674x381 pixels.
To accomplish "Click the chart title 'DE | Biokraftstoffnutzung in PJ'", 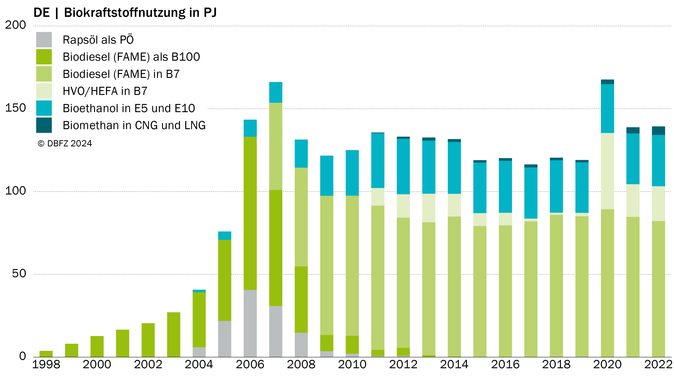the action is pos(125,13).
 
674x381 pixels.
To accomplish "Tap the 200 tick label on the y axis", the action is pos(15,25).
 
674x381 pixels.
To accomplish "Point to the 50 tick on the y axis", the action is pos(19,274).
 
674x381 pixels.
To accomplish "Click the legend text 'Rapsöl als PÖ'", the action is pos(98,40).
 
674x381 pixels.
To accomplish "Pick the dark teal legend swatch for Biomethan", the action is pos(44,125).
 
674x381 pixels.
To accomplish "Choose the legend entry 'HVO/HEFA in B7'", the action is pos(105,91).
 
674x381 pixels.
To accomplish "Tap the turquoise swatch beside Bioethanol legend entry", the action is pos(44,108).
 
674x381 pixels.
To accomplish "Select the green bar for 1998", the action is pos(46,354).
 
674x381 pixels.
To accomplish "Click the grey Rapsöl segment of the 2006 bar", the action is pos(250,323).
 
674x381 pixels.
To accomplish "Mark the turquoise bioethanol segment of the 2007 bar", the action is pos(276,92).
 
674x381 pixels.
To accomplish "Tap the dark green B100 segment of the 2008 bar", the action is pos(301,300).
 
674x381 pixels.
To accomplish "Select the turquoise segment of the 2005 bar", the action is pos(225,236).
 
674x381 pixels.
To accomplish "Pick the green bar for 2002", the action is pos(148,340).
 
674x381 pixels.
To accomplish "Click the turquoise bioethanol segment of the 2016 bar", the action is pos(505,187).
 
